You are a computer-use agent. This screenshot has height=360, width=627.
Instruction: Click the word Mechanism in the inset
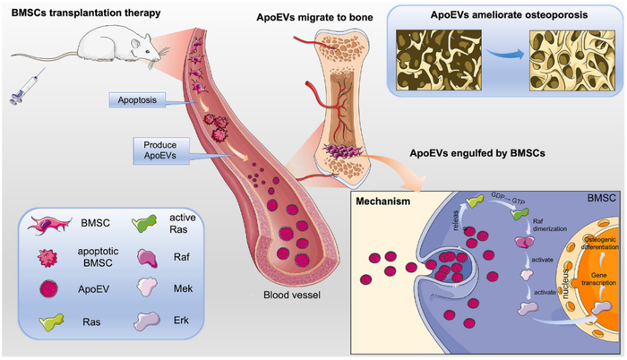tap(386, 202)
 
